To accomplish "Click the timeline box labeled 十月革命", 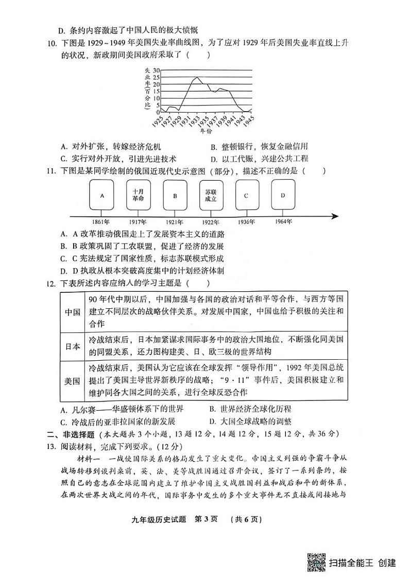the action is click(138, 195).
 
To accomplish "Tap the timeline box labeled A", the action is click(102, 195).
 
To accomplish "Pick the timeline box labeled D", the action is click(283, 195).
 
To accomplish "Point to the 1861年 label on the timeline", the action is click(101, 222).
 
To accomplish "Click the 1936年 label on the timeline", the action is click(246, 222).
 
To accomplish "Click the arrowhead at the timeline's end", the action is click(334, 216).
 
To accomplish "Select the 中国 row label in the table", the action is click(72, 312).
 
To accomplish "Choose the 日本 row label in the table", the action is click(72, 346).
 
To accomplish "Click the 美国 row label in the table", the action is click(72, 381).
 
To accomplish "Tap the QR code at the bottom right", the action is click(315, 562).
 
